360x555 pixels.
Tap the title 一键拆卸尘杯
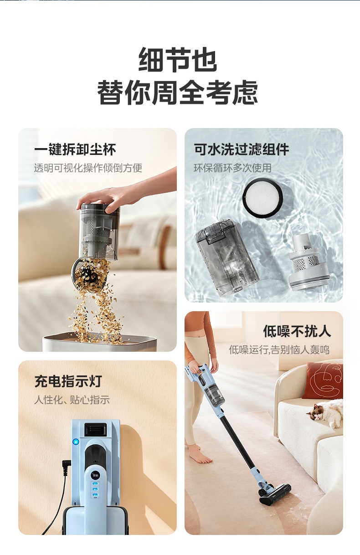click(x=75, y=149)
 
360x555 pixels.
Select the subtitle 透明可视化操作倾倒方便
click(x=88, y=168)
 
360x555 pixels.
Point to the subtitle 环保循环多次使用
click(x=232, y=168)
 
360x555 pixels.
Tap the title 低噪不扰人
click(x=297, y=331)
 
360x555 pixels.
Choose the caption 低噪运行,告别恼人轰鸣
click(x=279, y=349)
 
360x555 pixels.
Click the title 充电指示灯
click(x=68, y=381)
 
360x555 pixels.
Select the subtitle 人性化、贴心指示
click(x=72, y=400)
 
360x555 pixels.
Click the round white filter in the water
click(x=262, y=197)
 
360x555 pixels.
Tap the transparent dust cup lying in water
click(x=226, y=257)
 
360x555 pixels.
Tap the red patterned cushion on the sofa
click(x=323, y=380)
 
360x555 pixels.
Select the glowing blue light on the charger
click(x=75, y=442)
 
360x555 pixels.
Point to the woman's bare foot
click(x=200, y=454)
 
